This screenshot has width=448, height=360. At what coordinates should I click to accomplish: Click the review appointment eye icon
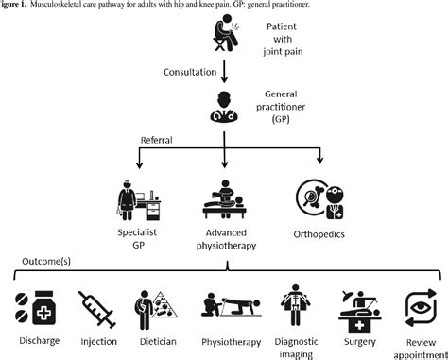(418, 307)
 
